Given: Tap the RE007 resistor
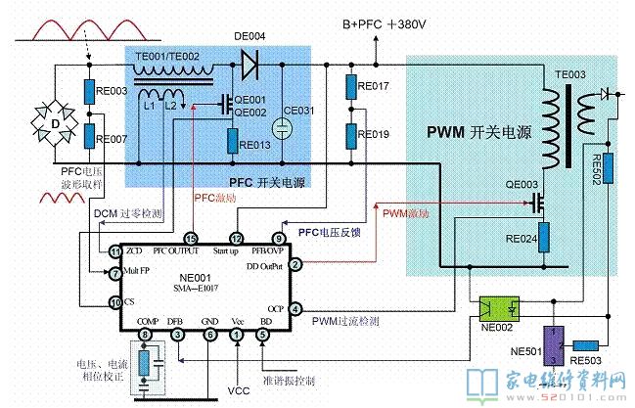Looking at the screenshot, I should pos(90,137).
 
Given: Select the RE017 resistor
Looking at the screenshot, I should pos(349,87).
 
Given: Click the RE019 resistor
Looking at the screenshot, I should pos(349,134).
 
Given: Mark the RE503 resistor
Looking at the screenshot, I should pos(587,345).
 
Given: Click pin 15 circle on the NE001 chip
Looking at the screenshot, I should pos(192,238).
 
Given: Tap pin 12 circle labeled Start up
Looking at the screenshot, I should pos(236,238).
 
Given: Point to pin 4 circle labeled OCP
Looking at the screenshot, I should pos(295,308).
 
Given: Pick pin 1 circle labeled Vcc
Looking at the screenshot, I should pos(236,335).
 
